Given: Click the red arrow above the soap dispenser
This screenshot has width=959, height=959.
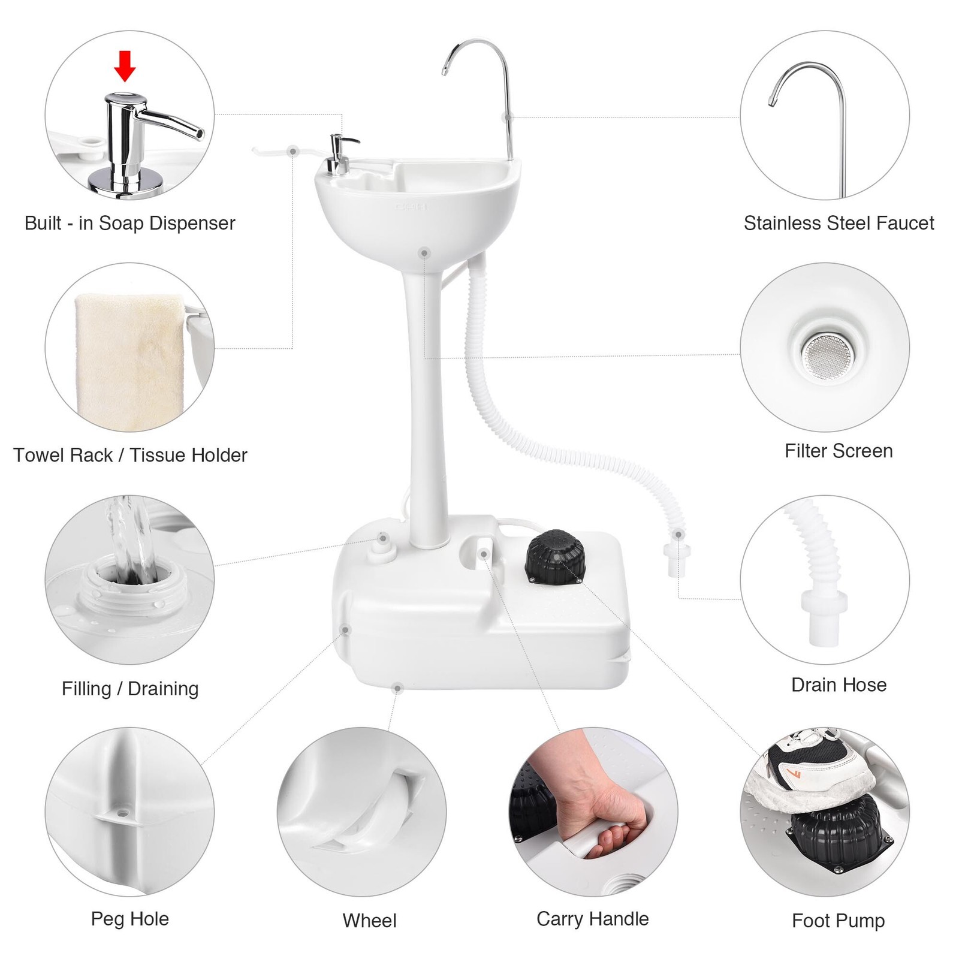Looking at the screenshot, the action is pos(125,66).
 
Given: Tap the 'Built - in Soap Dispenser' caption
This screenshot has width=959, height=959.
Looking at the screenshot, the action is pos(129,223).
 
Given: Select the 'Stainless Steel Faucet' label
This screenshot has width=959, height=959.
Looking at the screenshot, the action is pos(839,223).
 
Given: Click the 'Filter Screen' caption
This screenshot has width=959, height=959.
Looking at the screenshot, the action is pos(839,451).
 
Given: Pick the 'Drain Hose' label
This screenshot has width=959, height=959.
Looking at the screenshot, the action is pos(839,684).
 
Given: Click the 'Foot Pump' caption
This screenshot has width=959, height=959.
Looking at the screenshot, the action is pos(838,921).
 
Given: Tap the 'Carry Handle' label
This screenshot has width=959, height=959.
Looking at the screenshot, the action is pos(592,919).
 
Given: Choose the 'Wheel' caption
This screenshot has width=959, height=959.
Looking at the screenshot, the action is pos(369,921).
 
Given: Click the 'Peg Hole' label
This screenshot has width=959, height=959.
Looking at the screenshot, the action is pos(129,919).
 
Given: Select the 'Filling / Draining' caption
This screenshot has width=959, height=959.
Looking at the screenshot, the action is pos(129,689).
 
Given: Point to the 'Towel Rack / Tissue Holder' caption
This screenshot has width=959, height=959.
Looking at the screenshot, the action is pos(129,456).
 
